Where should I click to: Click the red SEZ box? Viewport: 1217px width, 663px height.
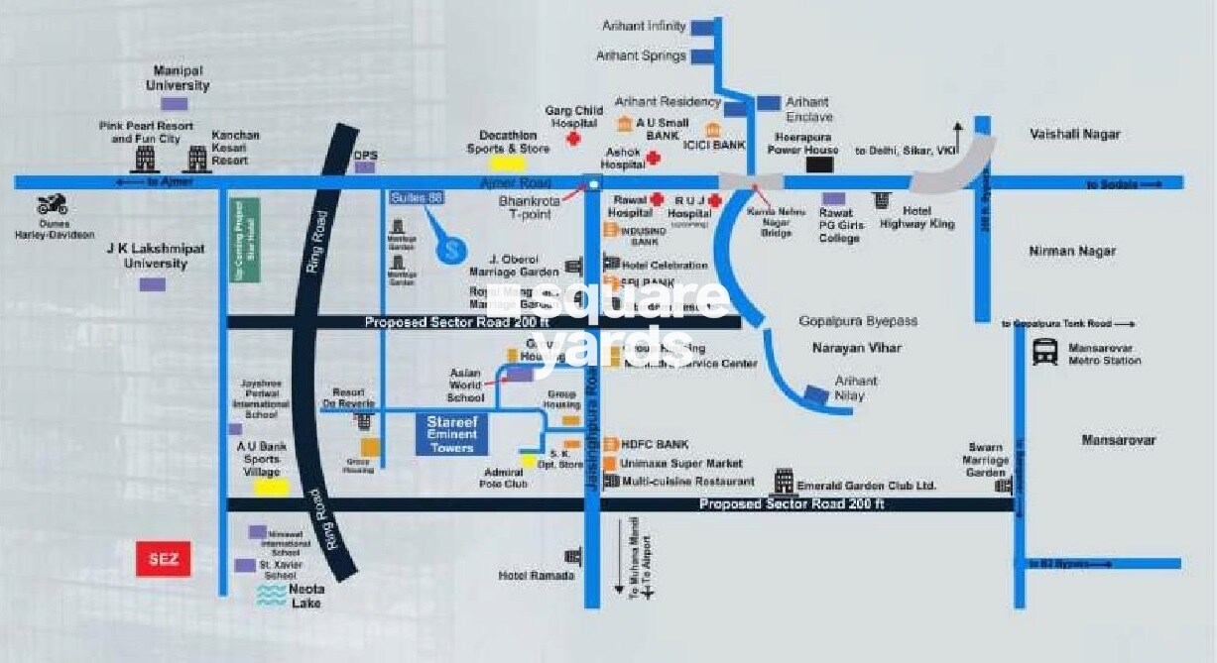pos(163,559)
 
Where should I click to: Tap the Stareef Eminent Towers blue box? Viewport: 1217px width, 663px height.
pos(451,435)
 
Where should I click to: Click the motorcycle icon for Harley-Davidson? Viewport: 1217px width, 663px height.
pos(52,206)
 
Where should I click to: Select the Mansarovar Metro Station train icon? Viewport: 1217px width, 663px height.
pos(1044,352)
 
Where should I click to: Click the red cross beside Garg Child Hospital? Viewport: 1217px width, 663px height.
pos(572,141)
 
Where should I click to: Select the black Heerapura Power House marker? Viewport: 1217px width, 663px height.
pos(819,165)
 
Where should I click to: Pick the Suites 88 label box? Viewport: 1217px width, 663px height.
pos(417,198)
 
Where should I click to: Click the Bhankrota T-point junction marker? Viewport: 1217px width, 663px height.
pos(593,183)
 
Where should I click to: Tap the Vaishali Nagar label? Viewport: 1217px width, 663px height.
pos(1074,134)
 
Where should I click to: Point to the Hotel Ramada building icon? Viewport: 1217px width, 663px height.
pos(572,556)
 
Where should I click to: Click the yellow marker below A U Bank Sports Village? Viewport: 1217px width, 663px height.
pos(270,487)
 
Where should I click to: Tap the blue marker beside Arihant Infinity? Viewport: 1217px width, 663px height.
pos(703,28)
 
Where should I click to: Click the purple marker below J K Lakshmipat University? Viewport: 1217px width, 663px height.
pos(152,284)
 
